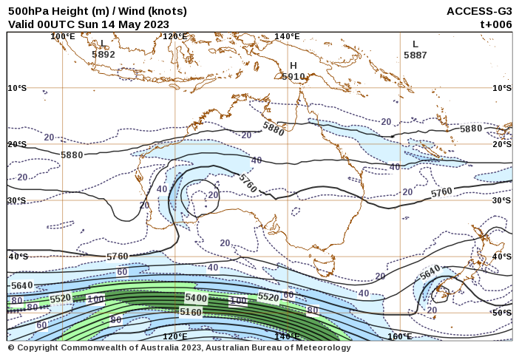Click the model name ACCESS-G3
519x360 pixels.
click(479, 11)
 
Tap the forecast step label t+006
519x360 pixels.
click(496, 24)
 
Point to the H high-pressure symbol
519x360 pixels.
click(294, 66)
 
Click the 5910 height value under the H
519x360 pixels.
click(294, 76)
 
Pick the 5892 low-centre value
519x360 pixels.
click(104, 54)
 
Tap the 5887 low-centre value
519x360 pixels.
click(415, 55)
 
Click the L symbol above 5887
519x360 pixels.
click(415, 44)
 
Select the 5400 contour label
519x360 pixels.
click(196, 297)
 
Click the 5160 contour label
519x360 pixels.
click(191, 312)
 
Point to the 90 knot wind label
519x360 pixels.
click(115, 320)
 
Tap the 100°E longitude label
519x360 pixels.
click(63, 36)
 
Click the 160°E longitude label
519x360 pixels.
click(400, 336)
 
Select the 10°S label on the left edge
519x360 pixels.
click(17, 88)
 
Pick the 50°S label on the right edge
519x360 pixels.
click(502, 313)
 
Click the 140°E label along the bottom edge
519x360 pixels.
click(287, 336)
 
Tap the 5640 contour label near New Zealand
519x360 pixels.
click(430, 272)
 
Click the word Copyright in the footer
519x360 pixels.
click(38, 347)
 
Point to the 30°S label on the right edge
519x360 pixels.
click(502, 200)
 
